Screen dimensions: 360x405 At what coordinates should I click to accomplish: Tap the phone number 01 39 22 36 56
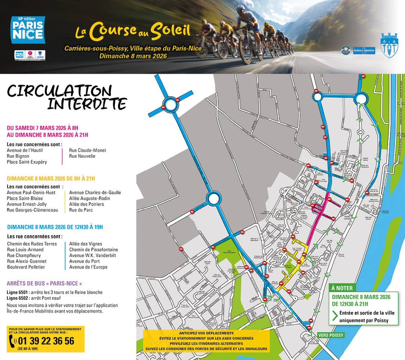tap(46, 341)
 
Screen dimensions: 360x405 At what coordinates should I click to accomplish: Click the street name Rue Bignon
tap(18, 156)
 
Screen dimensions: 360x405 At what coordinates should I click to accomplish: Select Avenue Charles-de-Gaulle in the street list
tap(95, 193)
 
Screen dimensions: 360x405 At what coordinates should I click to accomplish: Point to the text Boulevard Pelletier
tap(26, 267)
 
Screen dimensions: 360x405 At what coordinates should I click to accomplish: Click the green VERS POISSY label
tap(330, 335)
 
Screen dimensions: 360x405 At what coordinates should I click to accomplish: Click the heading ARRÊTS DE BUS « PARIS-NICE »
tap(44, 284)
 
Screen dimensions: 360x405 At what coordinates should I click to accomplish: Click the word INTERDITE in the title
tap(87, 104)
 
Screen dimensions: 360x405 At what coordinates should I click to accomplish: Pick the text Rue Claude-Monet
tap(88, 151)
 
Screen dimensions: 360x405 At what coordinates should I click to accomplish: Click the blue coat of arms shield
tap(389, 45)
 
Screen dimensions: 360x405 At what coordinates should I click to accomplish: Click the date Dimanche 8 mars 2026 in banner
tap(133, 56)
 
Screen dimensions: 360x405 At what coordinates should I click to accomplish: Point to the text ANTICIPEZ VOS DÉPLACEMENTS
tap(206, 333)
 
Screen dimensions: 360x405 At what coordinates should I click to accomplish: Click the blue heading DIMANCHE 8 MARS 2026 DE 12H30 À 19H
tap(55, 227)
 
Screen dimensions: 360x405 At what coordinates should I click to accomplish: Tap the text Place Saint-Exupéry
tap(27, 162)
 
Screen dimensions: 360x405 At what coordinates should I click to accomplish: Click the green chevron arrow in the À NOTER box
tap(335, 317)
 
